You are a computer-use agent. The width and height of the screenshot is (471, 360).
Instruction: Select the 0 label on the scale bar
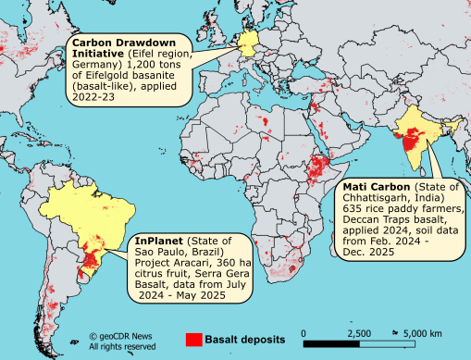304,332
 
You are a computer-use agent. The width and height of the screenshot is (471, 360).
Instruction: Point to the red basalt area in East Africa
319,168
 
